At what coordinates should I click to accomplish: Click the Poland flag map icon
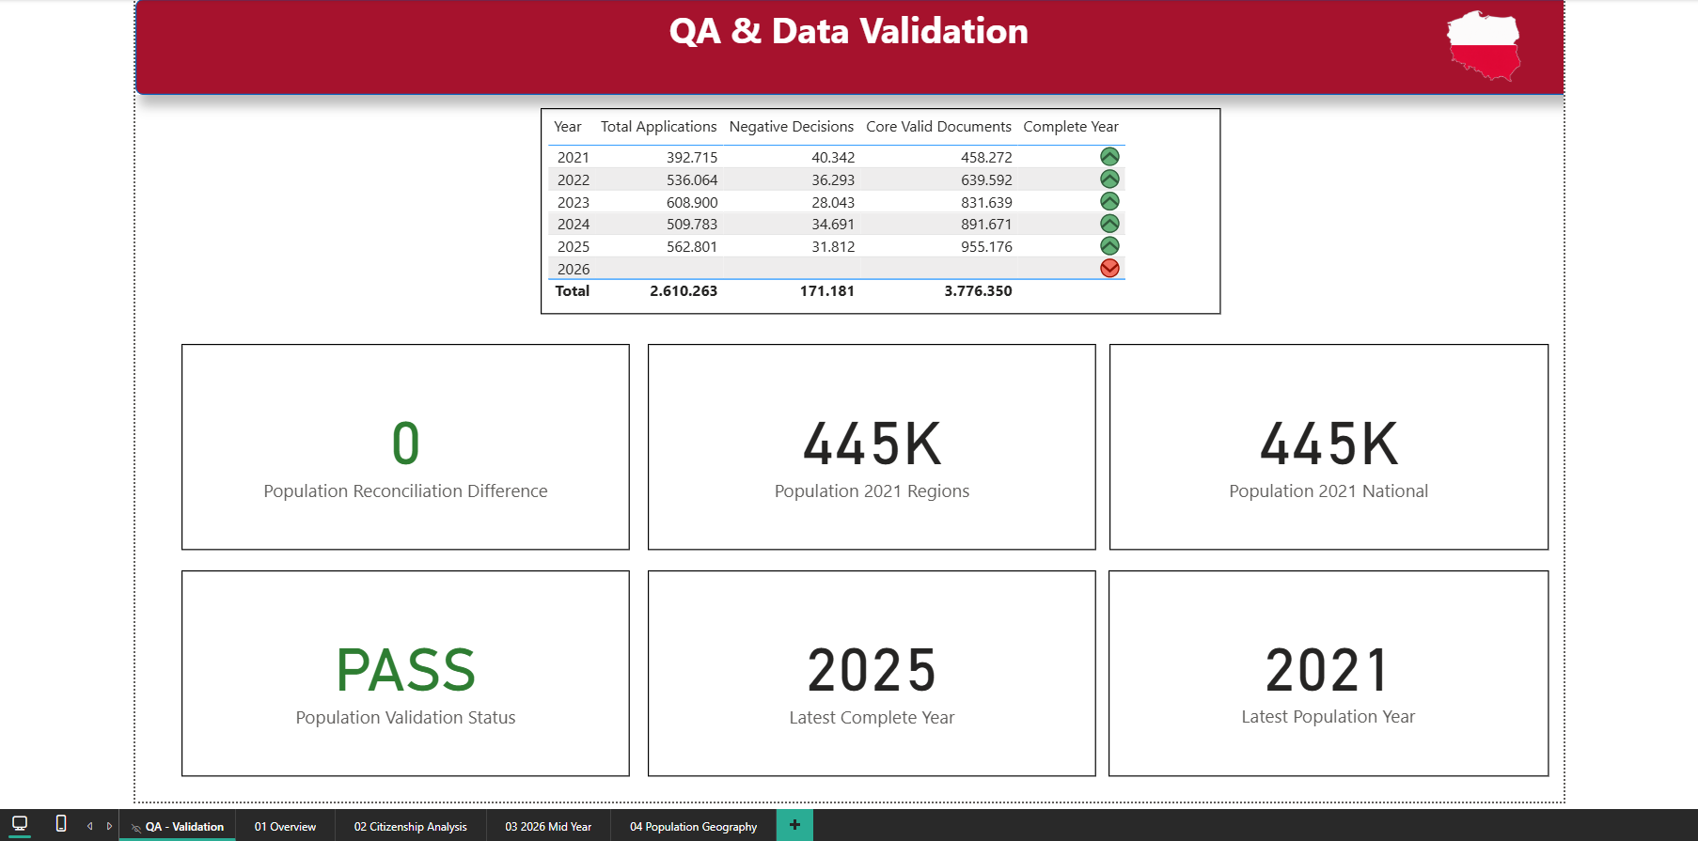[x=1484, y=45]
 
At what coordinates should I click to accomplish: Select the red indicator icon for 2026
[x=1109, y=268]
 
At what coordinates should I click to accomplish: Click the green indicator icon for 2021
[x=1109, y=157]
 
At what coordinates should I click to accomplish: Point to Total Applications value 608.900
[x=692, y=202]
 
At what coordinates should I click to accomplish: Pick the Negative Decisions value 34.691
[x=833, y=225]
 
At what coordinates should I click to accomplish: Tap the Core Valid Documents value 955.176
[x=986, y=247]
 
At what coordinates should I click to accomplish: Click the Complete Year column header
[x=1071, y=127]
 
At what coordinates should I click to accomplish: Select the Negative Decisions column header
[x=792, y=127]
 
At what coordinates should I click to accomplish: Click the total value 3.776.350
[x=978, y=291]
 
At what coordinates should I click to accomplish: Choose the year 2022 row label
[x=574, y=180]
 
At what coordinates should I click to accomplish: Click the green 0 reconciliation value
[x=406, y=444]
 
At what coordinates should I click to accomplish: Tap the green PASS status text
[x=406, y=670]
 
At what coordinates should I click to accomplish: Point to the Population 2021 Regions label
[x=872, y=491]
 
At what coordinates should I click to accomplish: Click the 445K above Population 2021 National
[x=1329, y=444]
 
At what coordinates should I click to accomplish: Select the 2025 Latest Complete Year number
[x=872, y=670]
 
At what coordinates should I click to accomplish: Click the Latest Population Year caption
[x=1329, y=717]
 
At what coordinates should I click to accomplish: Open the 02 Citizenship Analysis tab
[x=410, y=827]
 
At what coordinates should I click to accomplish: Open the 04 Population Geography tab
[x=693, y=827]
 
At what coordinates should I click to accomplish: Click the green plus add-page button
[x=794, y=825]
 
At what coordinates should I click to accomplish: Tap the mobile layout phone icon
[x=61, y=824]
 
